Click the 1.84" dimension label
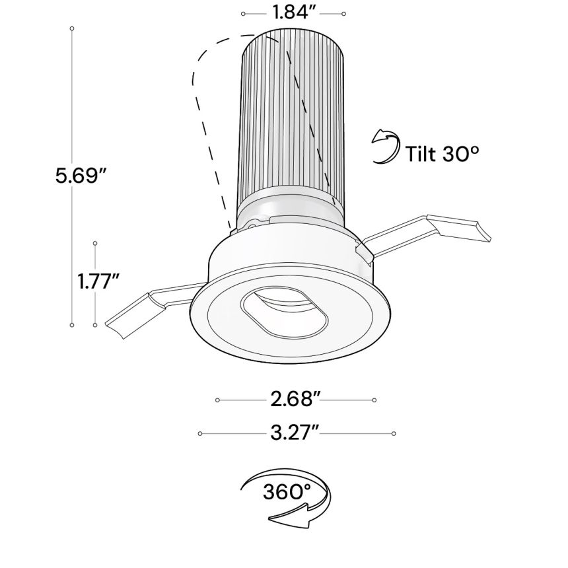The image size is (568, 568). [293, 13]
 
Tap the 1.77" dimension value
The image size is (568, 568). [96, 281]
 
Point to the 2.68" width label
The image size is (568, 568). [295, 400]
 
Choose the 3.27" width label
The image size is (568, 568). [295, 433]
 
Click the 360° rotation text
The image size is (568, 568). [286, 492]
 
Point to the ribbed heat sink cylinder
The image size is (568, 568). [293, 112]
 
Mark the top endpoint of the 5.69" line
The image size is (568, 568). [72, 29]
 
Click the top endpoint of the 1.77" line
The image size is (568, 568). [95, 242]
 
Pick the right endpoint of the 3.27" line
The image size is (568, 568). [394, 433]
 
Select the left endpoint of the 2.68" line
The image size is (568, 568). [217, 400]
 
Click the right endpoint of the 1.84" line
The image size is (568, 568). [343, 13]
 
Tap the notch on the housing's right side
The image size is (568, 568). [360, 249]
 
